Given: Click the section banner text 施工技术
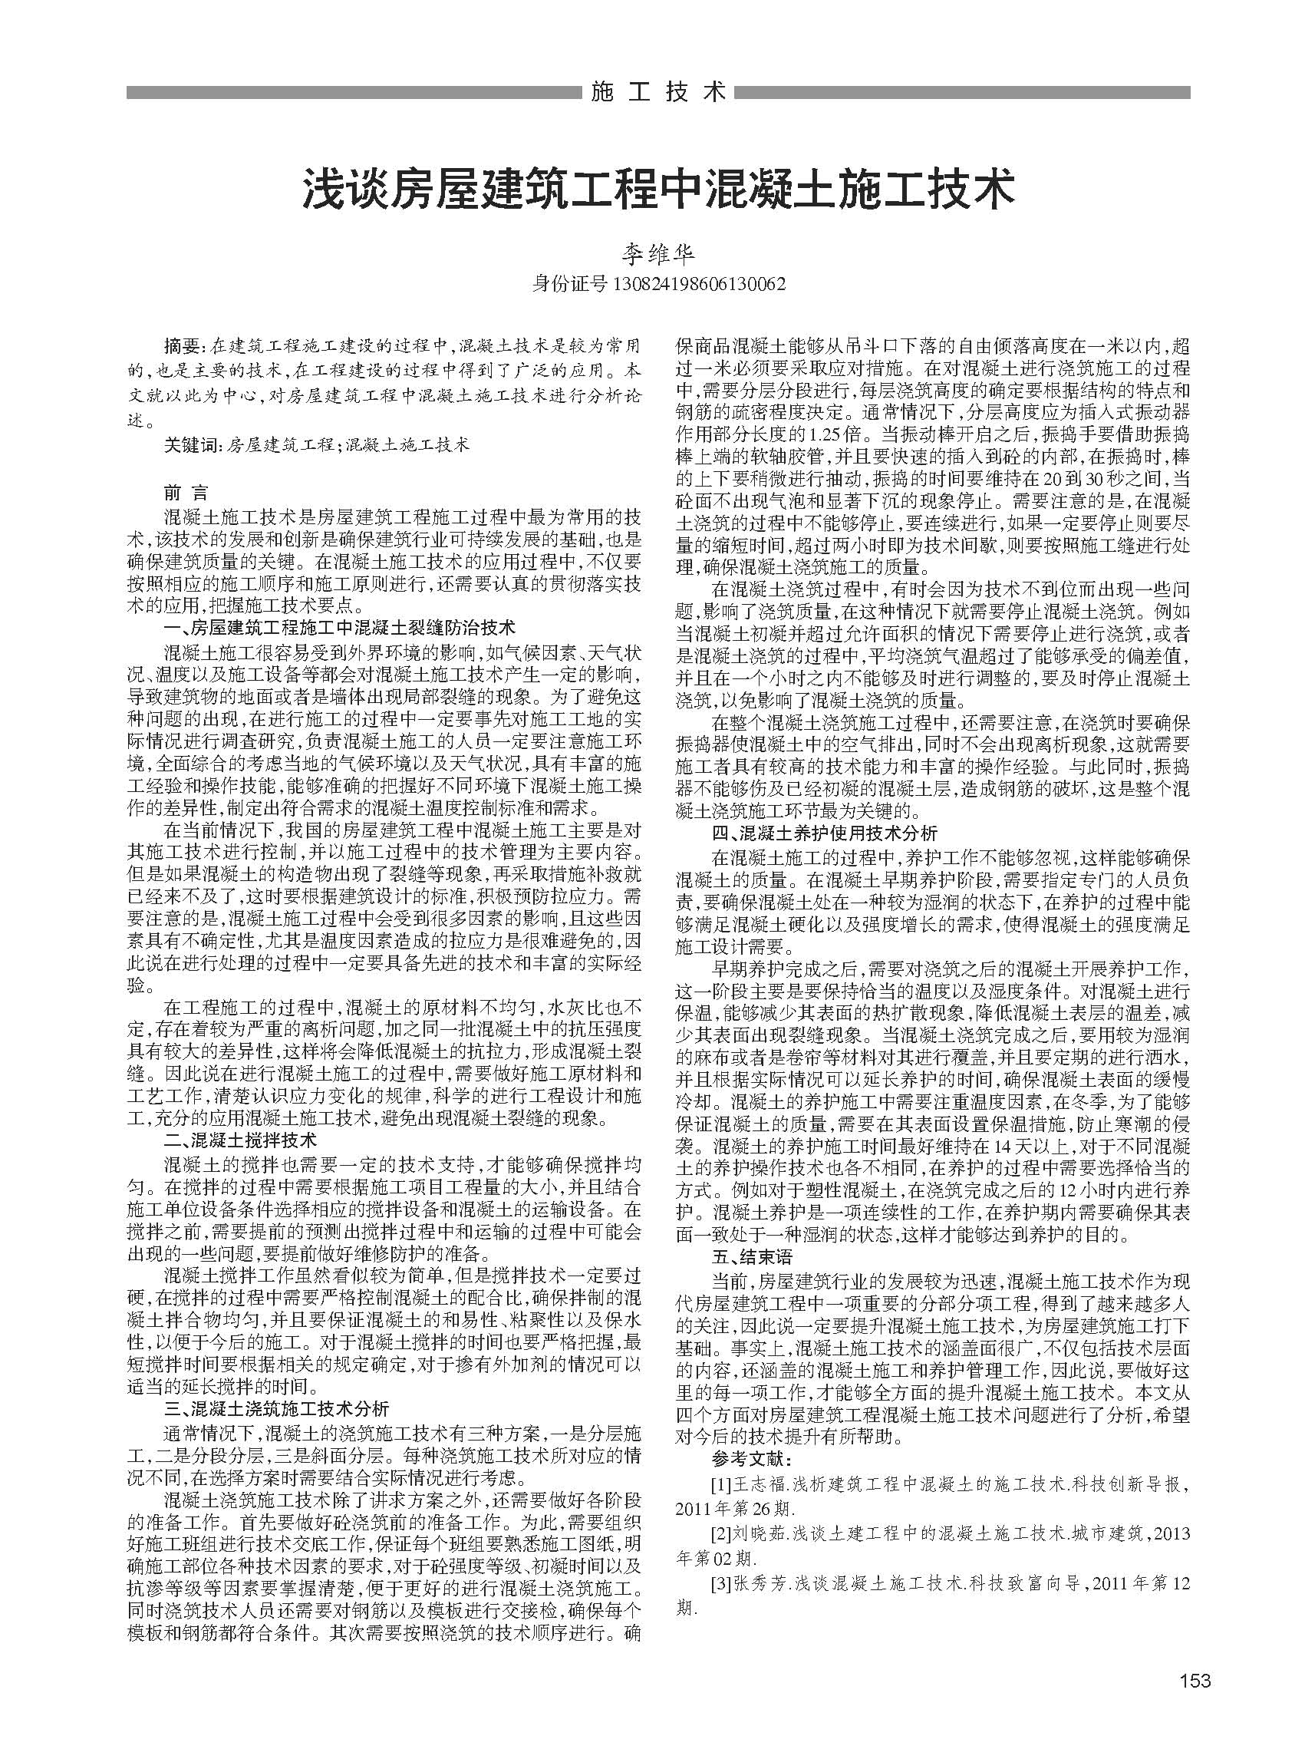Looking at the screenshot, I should [x=657, y=92].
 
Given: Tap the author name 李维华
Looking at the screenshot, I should [x=658, y=254].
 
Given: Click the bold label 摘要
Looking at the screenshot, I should [x=183, y=346].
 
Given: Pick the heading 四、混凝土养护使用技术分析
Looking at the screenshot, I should [x=825, y=833].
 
